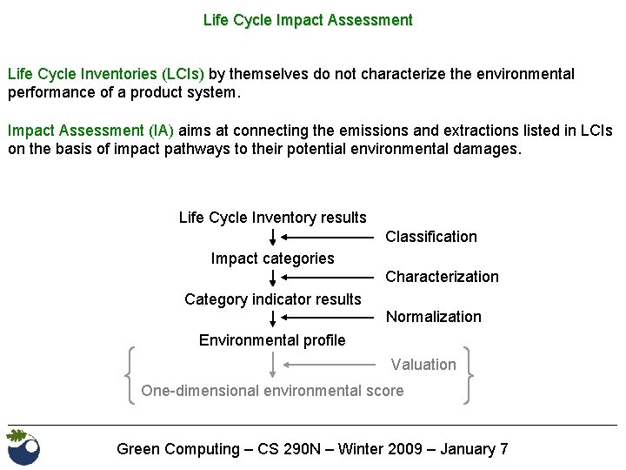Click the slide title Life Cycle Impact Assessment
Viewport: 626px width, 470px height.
click(308, 19)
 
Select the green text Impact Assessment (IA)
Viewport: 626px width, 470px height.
click(91, 131)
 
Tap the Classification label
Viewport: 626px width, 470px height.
click(430, 237)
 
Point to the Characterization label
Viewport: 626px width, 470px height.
click(442, 277)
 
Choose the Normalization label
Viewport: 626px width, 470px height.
click(433, 317)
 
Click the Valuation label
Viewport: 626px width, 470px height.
click(423, 365)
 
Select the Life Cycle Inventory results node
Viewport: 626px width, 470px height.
click(272, 218)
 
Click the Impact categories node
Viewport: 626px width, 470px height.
click(272, 258)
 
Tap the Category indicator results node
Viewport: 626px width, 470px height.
click(272, 299)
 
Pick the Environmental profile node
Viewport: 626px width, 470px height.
click(272, 340)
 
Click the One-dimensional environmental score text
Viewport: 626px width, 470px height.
click(272, 391)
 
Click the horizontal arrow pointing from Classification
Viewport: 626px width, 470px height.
click(330, 237)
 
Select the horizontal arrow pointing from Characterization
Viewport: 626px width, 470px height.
click(330, 277)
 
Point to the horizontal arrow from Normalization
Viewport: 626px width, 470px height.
click(330, 317)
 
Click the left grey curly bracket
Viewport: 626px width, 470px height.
click(131, 375)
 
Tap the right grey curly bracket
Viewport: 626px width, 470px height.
click(469, 375)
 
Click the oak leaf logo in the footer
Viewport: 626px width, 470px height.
click(23, 447)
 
